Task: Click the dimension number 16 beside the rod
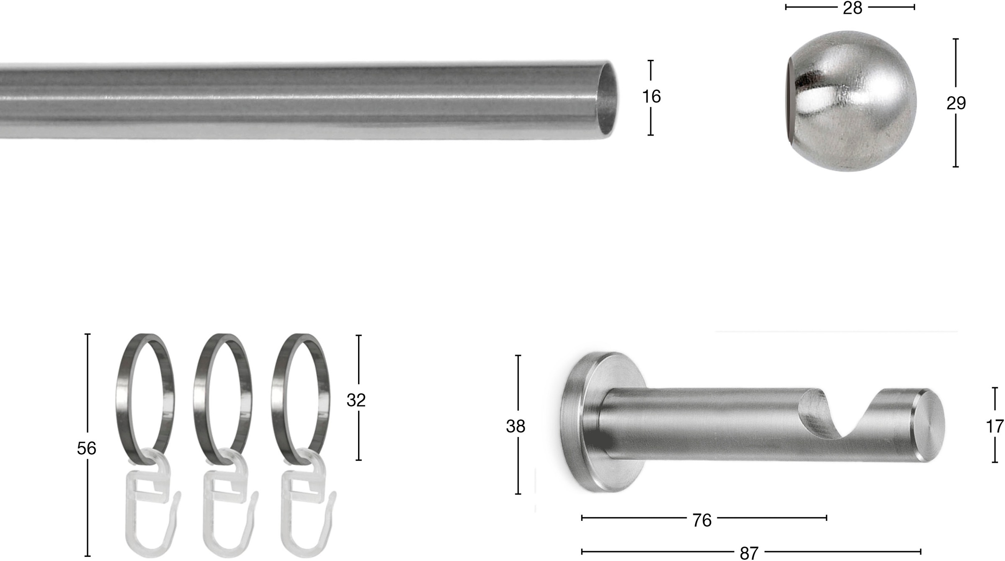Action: coord(651,97)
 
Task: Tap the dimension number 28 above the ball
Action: coord(853,8)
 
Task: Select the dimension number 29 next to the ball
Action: coord(956,103)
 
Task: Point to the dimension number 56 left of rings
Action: coord(86,449)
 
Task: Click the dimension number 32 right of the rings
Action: coord(356,401)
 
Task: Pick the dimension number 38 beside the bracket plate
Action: coord(515,427)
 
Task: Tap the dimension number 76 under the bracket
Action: coord(702,520)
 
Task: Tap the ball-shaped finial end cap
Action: coord(858,100)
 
